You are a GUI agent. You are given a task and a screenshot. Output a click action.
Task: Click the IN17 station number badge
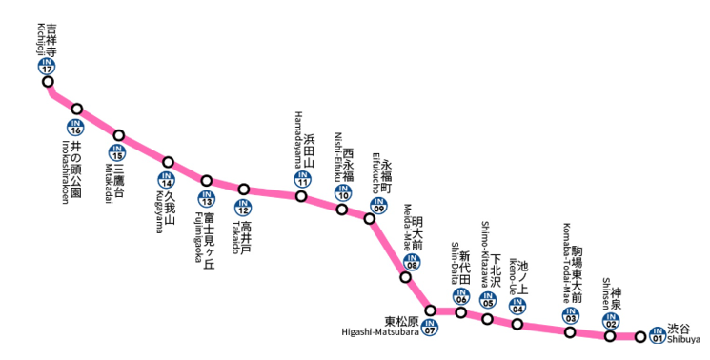(x=47, y=66)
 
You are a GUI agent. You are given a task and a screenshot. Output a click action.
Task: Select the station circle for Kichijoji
(x=48, y=82)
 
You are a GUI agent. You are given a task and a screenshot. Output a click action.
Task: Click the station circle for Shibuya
(x=640, y=336)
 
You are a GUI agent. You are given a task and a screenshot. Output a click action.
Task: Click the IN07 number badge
(x=430, y=329)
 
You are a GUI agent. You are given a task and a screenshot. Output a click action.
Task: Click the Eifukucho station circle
(x=370, y=218)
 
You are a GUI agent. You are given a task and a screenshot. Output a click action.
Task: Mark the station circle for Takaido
(x=244, y=190)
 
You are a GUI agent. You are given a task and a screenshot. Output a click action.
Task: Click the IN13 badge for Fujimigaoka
(x=206, y=199)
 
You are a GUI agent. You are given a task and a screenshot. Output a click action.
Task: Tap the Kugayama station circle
(x=168, y=163)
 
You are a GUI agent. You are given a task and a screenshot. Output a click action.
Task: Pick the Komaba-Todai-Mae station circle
(x=570, y=332)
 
